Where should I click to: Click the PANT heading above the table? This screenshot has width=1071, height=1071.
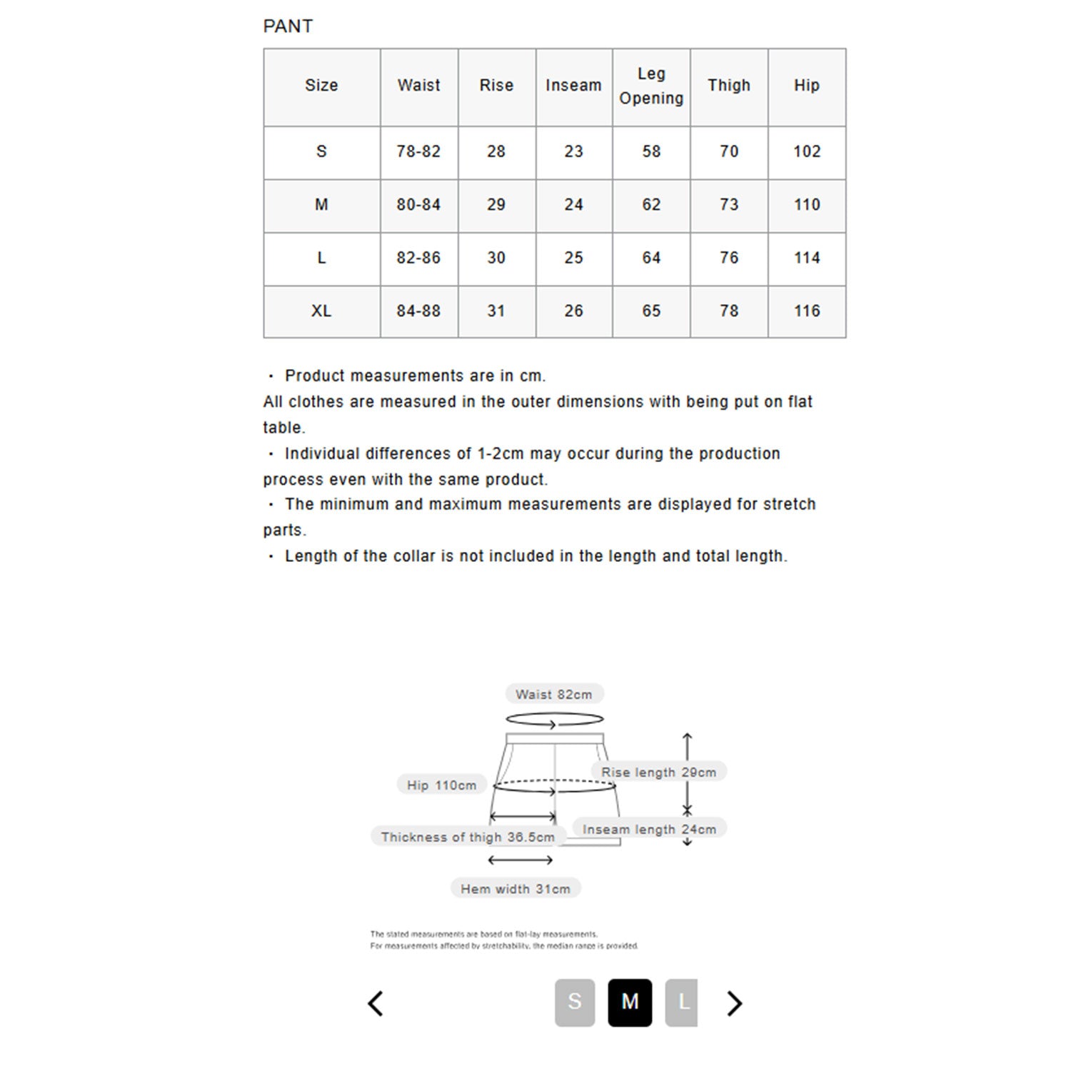pyautogui.click(x=288, y=26)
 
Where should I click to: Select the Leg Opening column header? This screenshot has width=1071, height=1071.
pyautogui.click(x=651, y=86)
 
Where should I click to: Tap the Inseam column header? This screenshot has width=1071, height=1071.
pyautogui.click(x=573, y=86)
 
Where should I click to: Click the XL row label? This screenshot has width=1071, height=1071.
pyautogui.click(x=321, y=311)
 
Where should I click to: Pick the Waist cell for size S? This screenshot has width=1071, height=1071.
pyautogui.click(x=418, y=151)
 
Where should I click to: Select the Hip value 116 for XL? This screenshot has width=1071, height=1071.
pyautogui.click(x=807, y=311)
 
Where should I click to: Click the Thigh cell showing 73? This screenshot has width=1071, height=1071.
pyautogui.click(x=729, y=205)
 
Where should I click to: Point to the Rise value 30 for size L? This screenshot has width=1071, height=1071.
pyautogui.click(x=496, y=258)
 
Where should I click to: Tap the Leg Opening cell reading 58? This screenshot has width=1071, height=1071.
pyautogui.click(x=651, y=151)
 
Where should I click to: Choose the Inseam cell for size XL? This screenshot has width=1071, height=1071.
pyautogui.click(x=573, y=311)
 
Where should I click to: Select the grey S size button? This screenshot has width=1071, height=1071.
pyautogui.click(x=575, y=1002)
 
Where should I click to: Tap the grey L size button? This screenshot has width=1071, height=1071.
pyautogui.click(x=682, y=1002)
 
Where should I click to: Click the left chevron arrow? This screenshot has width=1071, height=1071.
pyautogui.click(x=376, y=1003)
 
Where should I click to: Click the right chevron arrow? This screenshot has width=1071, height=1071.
pyautogui.click(x=734, y=1003)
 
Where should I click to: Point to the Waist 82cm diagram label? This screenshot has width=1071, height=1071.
pyautogui.click(x=554, y=694)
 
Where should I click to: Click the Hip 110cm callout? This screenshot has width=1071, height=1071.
pyautogui.click(x=441, y=785)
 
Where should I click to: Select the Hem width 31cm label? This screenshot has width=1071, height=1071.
pyautogui.click(x=516, y=889)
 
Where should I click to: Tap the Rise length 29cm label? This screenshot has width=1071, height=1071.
pyautogui.click(x=658, y=772)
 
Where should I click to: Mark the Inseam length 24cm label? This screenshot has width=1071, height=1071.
pyautogui.click(x=649, y=829)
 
